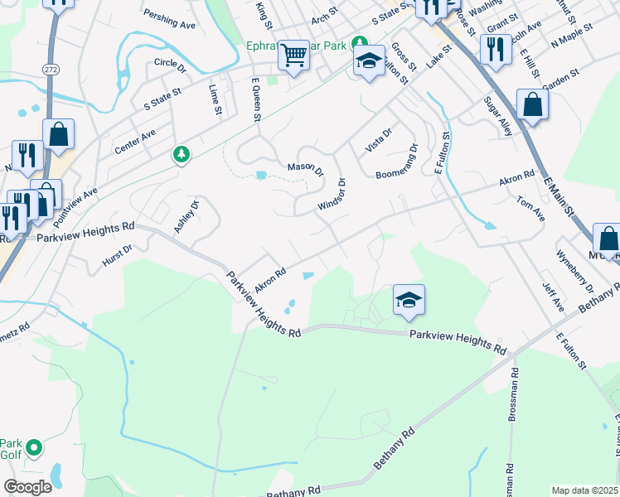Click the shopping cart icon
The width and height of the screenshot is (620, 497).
(x=293, y=56)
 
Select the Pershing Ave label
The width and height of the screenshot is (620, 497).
(x=169, y=19)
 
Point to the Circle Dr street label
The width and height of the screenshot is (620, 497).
(x=172, y=63)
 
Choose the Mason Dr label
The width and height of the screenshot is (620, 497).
(x=305, y=168)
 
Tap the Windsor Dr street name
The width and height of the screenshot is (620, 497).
(x=331, y=194)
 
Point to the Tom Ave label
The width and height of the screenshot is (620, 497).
(x=530, y=207)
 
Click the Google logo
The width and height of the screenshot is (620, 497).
(x=27, y=488)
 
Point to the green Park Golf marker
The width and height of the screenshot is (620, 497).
(x=34, y=448)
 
